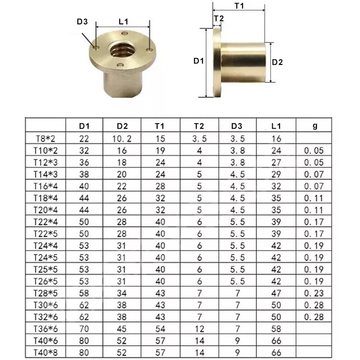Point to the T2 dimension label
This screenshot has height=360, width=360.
point(219,18)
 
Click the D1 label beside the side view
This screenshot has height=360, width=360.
point(199,61)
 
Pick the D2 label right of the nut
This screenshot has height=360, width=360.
point(278,63)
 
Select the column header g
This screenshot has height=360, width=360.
point(315,126)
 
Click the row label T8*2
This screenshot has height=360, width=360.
point(45,139)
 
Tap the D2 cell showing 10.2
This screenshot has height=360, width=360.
point(122,139)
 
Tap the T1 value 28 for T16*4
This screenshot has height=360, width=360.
point(161,186)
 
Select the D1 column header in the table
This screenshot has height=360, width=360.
point(84,126)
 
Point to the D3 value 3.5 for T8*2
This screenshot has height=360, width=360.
point(238,139)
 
